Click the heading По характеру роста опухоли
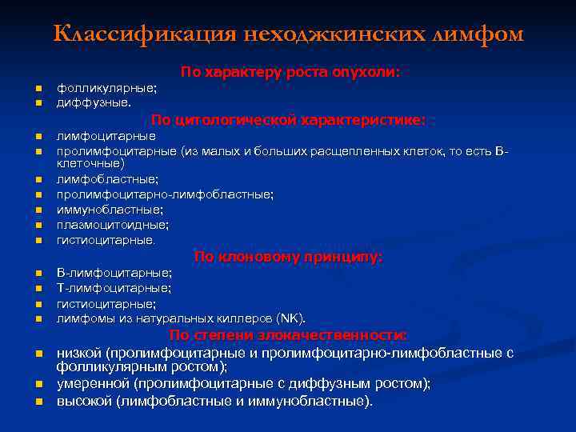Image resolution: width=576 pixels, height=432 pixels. point(290,72)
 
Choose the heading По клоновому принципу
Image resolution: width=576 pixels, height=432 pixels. point(288,257)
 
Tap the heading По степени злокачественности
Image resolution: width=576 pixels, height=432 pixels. point(288,334)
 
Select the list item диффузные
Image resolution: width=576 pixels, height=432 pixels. point(93,102)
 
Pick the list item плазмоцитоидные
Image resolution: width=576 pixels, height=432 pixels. point(110,224)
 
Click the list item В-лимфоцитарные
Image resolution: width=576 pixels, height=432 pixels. point(114,273)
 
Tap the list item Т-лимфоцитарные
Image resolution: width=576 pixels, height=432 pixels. point(114,288)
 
